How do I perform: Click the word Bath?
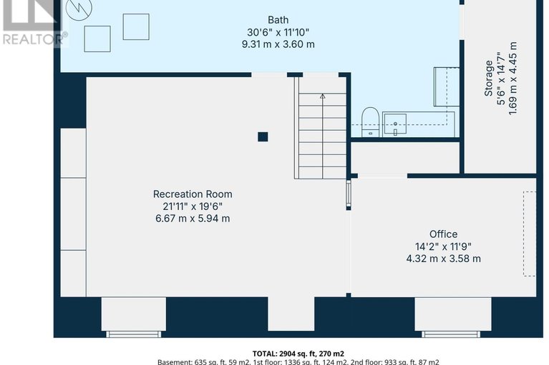pyautogui.click(x=278, y=19)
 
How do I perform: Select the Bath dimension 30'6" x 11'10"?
pyautogui.click(x=278, y=31)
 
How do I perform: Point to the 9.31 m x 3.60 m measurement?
pyautogui.click(x=278, y=44)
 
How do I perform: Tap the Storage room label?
pyautogui.click(x=489, y=79)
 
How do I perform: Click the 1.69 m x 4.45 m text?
pyautogui.click(x=512, y=79)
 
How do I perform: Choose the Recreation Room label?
pyautogui.click(x=193, y=194)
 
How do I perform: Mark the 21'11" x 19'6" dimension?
pyautogui.click(x=193, y=206)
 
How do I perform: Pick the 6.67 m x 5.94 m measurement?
pyautogui.click(x=193, y=219)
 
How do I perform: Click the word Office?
pyautogui.click(x=443, y=234)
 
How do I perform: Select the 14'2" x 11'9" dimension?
pyautogui.click(x=443, y=246)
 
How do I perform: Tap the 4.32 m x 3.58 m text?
pyautogui.click(x=443, y=259)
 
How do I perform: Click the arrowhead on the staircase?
pyautogui.click(x=322, y=95)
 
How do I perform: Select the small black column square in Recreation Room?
pyautogui.click(x=263, y=136)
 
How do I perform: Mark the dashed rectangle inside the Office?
pyautogui.click(x=529, y=234)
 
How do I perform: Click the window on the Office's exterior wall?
pyautogui.click(x=451, y=334)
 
